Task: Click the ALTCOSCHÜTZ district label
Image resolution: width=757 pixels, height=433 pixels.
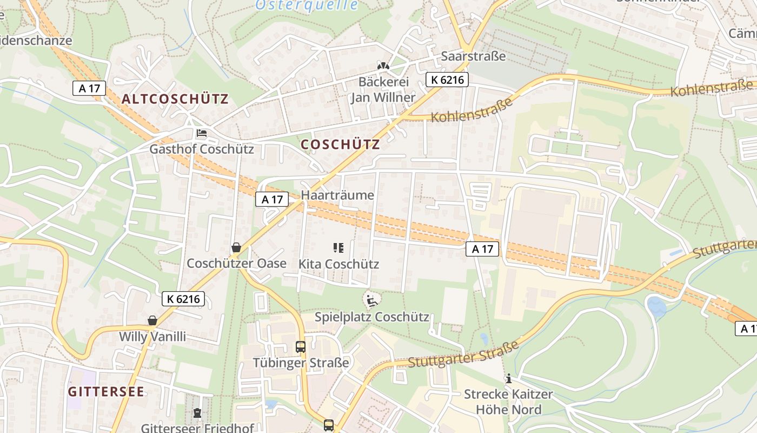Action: coord(175,99)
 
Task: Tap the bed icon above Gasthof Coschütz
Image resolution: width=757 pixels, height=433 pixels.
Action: coord(202,133)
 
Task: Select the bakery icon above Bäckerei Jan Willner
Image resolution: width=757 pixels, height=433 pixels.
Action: coord(383,66)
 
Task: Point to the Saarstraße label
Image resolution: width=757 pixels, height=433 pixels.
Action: coord(473,56)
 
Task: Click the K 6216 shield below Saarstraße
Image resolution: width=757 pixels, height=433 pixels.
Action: coord(447,80)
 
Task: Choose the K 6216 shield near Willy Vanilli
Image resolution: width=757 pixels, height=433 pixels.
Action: coord(183,298)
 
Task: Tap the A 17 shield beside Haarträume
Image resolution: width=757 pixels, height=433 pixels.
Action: coord(272,199)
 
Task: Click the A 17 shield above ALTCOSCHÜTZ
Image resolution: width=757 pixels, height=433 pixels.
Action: coord(89,88)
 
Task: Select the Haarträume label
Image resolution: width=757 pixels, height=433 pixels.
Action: coord(337,195)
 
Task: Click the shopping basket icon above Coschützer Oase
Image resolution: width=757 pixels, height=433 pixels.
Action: coord(236,248)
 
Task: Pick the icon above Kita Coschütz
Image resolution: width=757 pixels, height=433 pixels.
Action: coord(338,248)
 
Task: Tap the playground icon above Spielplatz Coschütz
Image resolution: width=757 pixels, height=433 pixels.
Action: coord(371,300)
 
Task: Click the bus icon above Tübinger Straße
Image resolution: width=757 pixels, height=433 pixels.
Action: coord(301,347)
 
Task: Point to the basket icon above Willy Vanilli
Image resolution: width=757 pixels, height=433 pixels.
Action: coord(152,321)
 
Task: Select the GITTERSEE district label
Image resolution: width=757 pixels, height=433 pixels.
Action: coord(107,391)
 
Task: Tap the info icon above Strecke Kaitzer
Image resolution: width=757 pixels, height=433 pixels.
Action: coord(508,379)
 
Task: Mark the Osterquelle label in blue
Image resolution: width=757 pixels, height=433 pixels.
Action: coord(307,5)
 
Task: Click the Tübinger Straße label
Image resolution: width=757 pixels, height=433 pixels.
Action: coord(301,362)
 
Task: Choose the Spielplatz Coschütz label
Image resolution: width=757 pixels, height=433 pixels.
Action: coord(372,317)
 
